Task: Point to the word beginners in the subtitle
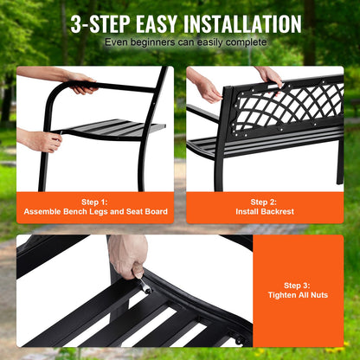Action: pos(155,42)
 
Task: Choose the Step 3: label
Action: pos(299,284)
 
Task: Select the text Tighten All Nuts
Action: pos(299,295)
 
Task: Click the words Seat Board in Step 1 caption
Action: pos(145,212)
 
